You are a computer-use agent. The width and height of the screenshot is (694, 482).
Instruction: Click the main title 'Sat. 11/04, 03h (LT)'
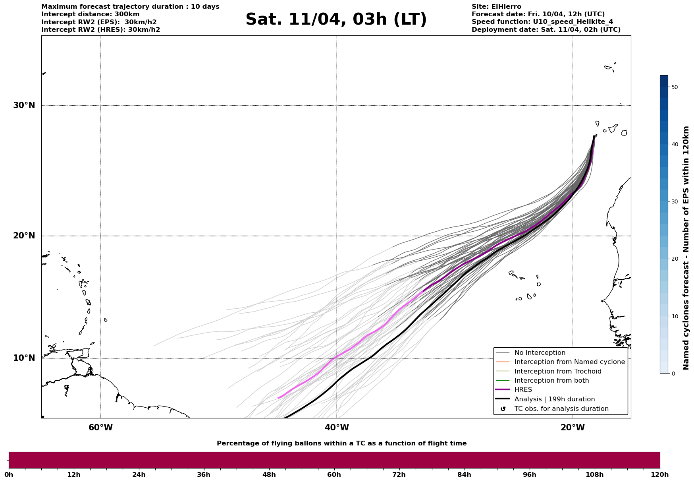click(x=336, y=19)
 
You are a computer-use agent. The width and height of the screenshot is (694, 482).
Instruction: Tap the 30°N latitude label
click(x=24, y=105)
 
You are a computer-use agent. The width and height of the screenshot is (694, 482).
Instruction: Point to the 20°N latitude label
click(x=24, y=236)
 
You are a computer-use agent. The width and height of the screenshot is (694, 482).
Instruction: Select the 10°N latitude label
click(x=24, y=358)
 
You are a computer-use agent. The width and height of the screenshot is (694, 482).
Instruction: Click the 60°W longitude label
click(x=100, y=428)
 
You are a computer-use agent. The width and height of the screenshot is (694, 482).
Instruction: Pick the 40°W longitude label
click(x=336, y=428)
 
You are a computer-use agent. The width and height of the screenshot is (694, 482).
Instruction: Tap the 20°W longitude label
click(x=572, y=428)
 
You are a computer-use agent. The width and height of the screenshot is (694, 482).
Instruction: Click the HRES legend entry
click(x=523, y=390)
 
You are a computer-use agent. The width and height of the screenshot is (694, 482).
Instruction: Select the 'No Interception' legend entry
click(x=540, y=353)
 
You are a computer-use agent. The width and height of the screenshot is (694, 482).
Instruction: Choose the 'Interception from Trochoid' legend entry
click(x=557, y=372)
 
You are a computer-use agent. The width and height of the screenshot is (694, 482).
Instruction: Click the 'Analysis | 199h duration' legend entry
click(x=554, y=399)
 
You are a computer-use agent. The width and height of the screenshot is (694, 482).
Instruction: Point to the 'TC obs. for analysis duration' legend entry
click(x=561, y=409)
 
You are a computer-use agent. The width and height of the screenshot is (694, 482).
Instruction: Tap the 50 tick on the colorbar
click(x=674, y=87)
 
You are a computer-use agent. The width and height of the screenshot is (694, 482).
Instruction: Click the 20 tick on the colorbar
click(x=674, y=259)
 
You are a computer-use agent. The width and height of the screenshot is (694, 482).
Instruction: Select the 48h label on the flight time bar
click(x=269, y=474)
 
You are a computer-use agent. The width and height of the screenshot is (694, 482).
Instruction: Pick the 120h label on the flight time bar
click(x=659, y=474)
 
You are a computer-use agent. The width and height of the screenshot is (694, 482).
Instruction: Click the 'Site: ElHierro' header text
click(x=496, y=7)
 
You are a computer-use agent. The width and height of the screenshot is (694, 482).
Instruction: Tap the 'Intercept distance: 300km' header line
click(x=90, y=14)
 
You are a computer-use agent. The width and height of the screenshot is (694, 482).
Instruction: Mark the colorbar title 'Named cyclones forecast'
click(x=686, y=248)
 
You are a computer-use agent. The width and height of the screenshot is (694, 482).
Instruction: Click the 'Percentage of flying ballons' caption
click(x=341, y=443)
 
